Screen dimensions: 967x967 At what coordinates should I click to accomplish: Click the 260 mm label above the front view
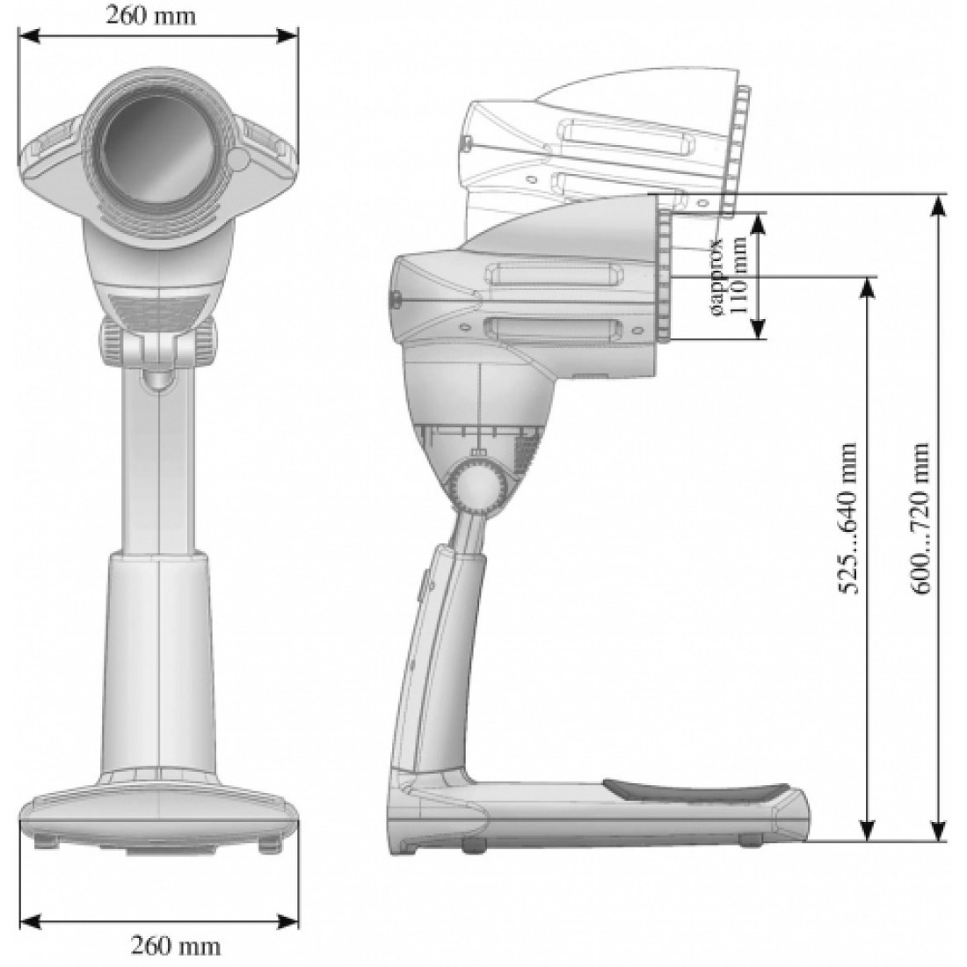(x=150, y=16)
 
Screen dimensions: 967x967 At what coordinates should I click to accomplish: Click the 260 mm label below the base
(x=175, y=945)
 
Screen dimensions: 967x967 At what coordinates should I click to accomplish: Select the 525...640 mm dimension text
(x=849, y=519)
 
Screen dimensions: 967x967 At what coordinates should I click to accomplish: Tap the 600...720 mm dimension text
(x=920, y=519)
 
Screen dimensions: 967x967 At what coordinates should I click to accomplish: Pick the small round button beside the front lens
(x=238, y=159)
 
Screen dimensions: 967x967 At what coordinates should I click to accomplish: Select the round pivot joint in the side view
(x=478, y=484)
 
